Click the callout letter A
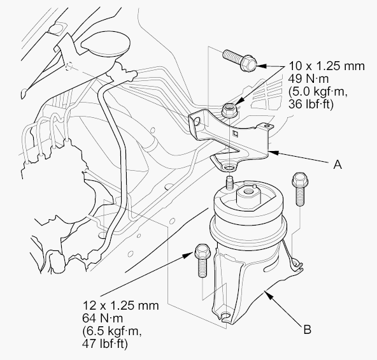click(x=338, y=164)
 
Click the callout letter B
click(x=308, y=329)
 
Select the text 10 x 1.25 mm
click(x=327, y=66)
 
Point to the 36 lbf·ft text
click(x=311, y=104)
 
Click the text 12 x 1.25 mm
click(x=120, y=306)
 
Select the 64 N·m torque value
click(x=103, y=319)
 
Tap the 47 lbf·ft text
click(x=104, y=344)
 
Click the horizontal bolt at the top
click(x=239, y=60)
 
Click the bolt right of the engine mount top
click(x=299, y=189)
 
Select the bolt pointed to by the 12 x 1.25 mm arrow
click(x=203, y=261)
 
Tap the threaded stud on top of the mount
click(x=230, y=184)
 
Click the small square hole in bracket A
click(x=236, y=134)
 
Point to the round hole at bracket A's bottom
click(x=229, y=168)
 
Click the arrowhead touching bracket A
click(x=274, y=152)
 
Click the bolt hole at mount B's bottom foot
click(x=225, y=315)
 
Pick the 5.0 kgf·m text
click(x=318, y=92)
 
